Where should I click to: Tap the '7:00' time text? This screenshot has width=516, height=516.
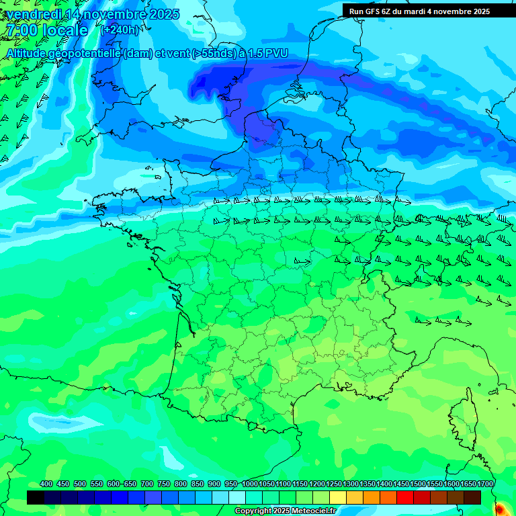coord(21,30)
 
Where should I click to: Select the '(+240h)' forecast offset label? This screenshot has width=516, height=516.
coord(120,30)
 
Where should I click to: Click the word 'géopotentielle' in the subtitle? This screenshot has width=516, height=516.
coord(85,53)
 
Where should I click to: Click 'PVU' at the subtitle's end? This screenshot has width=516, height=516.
coord(275,53)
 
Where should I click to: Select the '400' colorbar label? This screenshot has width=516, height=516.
coord(46,484)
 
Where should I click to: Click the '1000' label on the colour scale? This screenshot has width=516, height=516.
coord(249,484)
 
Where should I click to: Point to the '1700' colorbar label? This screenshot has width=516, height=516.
coord(485,484)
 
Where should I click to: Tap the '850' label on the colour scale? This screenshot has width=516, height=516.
coord(198,484)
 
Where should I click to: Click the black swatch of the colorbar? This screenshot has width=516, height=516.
coord(36,497)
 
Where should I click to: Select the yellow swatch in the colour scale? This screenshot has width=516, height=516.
coord(338,497)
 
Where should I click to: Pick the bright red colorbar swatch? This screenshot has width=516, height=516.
coord(405,497)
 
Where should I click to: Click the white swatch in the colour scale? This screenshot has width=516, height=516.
coord(237,497)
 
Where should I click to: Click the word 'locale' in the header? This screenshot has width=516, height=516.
coord(65,30)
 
